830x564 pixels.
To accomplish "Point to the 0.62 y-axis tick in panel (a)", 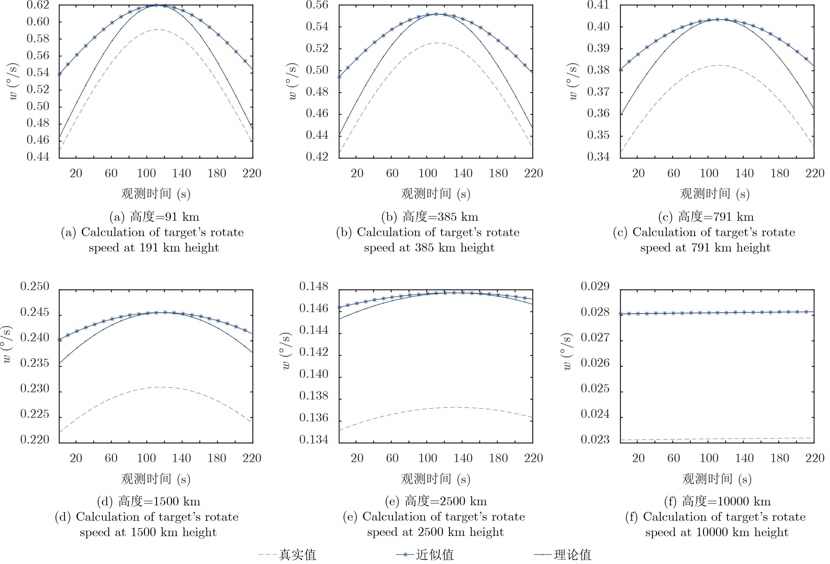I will click(x=38, y=5).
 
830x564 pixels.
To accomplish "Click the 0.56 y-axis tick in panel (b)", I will click(x=317, y=5).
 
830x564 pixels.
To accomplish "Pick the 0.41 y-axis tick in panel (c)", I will click(x=598, y=5).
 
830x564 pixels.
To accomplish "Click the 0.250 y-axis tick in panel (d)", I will click(x=35, y=286).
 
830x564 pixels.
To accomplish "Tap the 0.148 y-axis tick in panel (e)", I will click(x=314, y=286).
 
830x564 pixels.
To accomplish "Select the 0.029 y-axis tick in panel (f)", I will click(x=595, y=286).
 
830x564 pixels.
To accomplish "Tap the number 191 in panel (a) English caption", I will click(x=149, y=248).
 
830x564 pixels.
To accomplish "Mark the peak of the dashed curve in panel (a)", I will click(x=157, y=30).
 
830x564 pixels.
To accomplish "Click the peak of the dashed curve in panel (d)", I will click(x=162, y=387).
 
